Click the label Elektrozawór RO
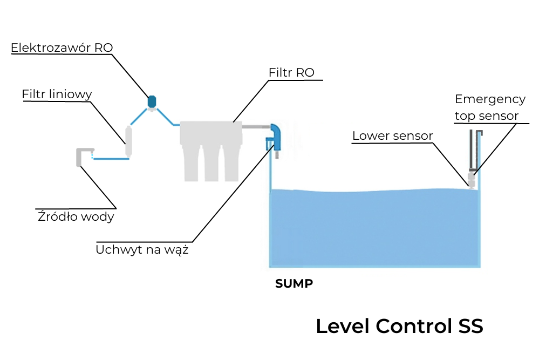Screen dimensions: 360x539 [x=62, y=47]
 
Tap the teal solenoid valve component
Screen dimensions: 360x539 [x=152, y=101]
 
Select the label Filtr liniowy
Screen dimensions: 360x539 [x=57, y=94]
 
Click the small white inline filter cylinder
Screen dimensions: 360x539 [x=129, y=141]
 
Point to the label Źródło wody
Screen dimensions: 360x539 [x=76, y=217]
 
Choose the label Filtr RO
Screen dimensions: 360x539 [x=291, y=72]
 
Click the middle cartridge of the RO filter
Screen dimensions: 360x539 [x=211, y=162]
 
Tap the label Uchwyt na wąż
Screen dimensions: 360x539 [x=142, y=250]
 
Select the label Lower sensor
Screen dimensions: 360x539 [x=392, y=135]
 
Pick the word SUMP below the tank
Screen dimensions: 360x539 [x=294, y=284]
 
